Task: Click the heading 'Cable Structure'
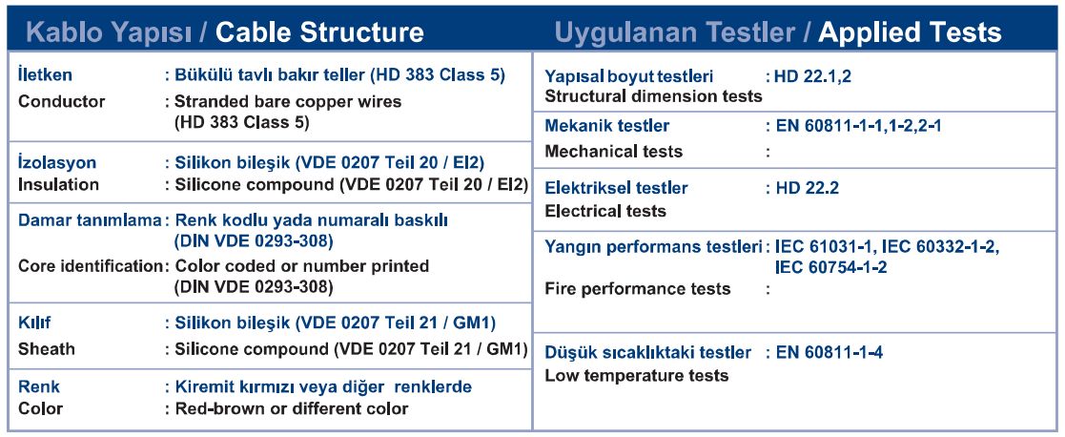319,31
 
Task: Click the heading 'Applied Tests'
910,31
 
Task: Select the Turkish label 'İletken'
45,74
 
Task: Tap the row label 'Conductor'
62,102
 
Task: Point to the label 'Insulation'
58,185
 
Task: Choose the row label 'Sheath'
47,349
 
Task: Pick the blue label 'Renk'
39,387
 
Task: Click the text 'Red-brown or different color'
292,409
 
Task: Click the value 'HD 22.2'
807,188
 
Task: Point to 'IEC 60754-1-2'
830,268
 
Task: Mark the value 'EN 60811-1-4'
829,353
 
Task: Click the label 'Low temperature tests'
637,376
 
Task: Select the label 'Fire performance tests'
638,289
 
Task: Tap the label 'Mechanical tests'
614,152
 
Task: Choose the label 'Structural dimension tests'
654,96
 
